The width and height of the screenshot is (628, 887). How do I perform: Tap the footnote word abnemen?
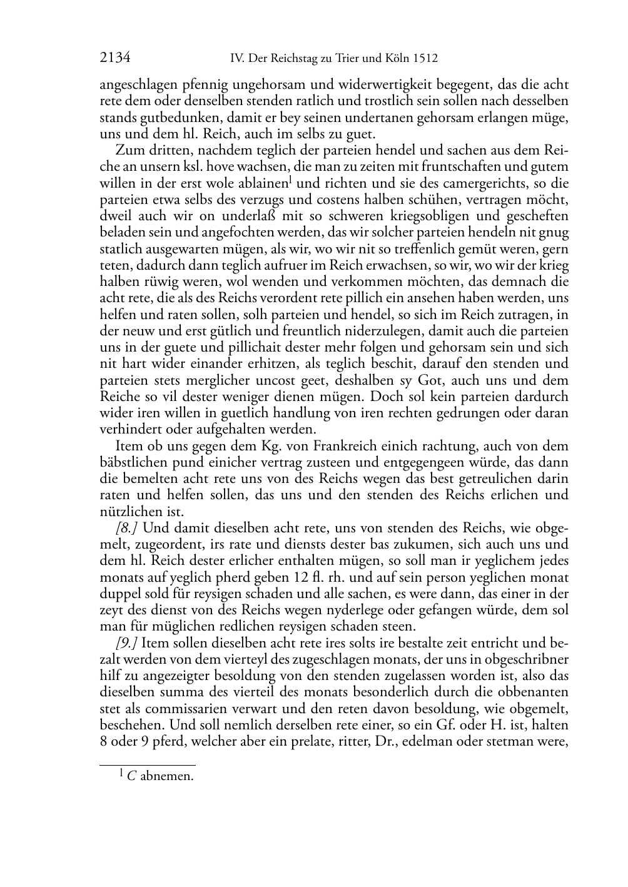point(167,777)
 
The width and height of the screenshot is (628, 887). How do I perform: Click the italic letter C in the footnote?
point(131,777)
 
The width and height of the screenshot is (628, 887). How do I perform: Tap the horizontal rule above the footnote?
point(148,765)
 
